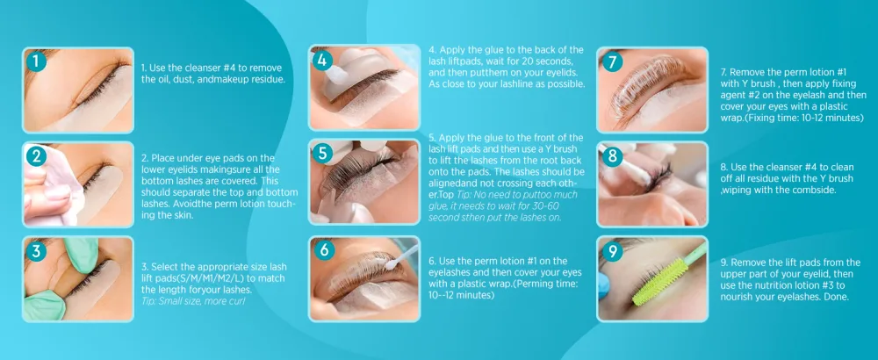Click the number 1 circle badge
point(36,61)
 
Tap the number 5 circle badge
point(323,154)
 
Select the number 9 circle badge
point(613,251)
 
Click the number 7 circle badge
point(612,61)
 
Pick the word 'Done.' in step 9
point(837,298)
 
